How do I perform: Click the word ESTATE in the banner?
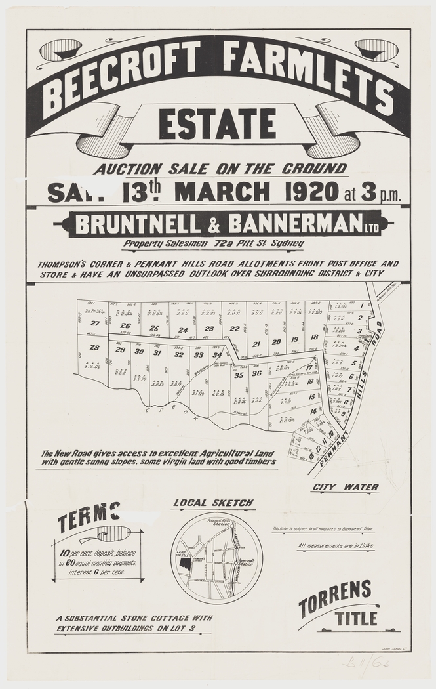coord(218,125)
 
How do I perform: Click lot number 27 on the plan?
coord(95,324)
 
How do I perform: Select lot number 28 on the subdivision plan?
coord(94,348)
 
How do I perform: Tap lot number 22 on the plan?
coord(234,329)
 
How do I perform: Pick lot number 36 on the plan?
coord(256,373)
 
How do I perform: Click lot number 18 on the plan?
coord(314,337)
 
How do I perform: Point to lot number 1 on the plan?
coord(361,305)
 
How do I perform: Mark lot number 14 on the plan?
coord(313,411)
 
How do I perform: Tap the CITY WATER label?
coord(346,487)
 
